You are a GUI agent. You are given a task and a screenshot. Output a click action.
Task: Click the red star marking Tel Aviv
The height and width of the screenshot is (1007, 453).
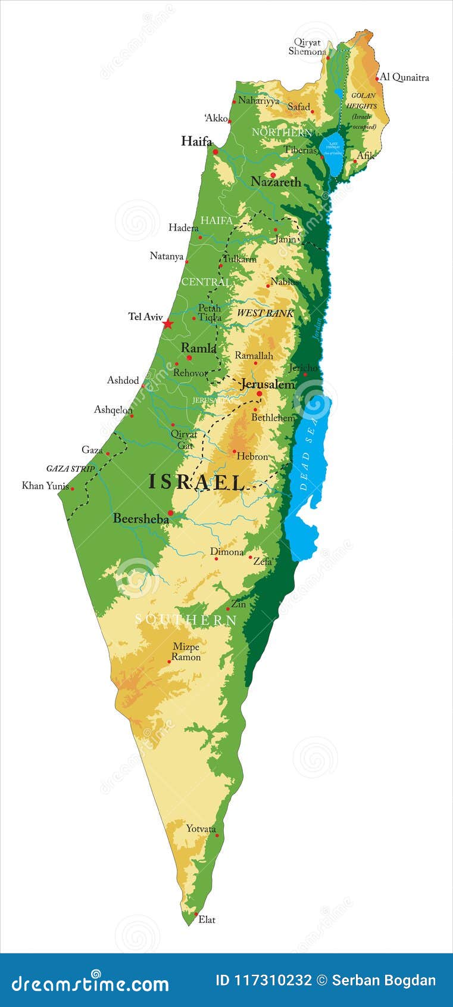pyautogui.click(x=168, y=324)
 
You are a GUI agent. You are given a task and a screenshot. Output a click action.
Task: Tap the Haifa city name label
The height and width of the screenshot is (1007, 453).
pyautogui.click(x=196, y=141)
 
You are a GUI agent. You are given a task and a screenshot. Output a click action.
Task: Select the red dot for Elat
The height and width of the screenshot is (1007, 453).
pyautogui.click(x=196, y=914)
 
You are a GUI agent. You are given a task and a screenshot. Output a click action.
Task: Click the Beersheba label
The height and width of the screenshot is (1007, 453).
pyautogui.click(x=141, y=519)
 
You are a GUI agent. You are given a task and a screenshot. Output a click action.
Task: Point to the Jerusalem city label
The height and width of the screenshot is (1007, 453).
pyautogui.click(x=267, y=384)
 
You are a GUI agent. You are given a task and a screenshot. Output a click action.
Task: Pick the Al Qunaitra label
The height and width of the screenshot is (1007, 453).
pyautogui.click(x=404, y=77)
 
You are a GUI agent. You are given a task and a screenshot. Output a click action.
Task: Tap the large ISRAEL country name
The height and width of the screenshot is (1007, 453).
pyautogui.click(x=196, y=482)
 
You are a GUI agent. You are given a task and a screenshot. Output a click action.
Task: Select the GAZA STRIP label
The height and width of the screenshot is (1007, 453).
pyautogui.click(x=71, y=469)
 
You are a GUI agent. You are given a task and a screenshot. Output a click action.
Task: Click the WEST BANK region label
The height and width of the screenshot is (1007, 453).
pyautogui.click(x=265, y=313)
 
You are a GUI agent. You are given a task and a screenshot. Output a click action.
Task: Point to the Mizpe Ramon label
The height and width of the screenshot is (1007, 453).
pyautogui.click(x=186, y=652)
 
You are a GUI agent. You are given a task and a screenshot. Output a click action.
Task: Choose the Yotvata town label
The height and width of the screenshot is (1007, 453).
pyautogui.click(x=201, y=829)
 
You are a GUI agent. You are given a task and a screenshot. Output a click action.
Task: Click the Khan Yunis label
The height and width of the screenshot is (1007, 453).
pyautogui.click(x=45, y=486)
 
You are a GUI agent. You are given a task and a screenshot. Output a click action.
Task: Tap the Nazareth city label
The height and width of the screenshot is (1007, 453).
pyautogui.click(x=276, y=182)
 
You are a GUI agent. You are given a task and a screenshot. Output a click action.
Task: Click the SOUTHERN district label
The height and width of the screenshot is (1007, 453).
pyautogui.click(x=186, y=620)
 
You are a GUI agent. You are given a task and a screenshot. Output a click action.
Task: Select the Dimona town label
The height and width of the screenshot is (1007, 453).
pyautogui.click(x=227, y=552)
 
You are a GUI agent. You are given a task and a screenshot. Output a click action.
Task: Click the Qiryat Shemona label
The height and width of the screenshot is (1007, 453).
pyautogui.click(x=307, y=47)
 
